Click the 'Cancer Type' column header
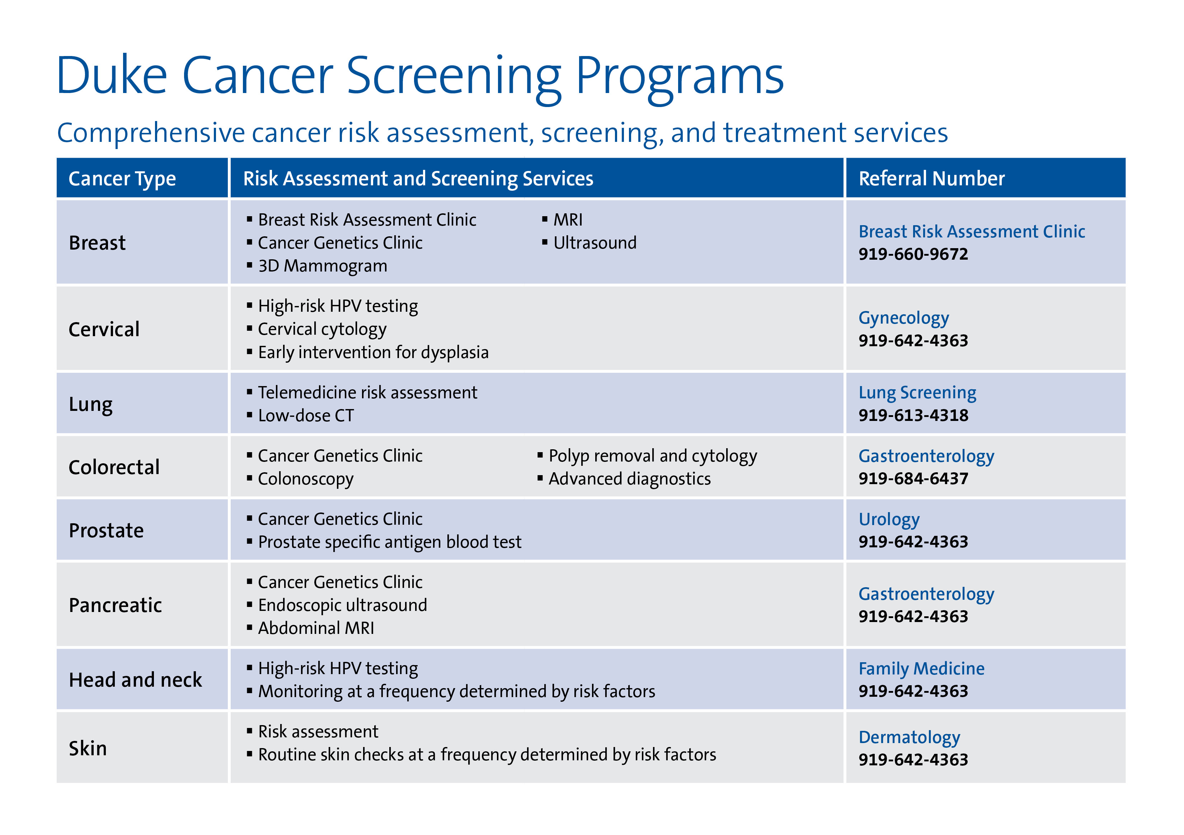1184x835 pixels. pos(122,178)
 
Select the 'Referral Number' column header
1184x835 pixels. pos(931,178)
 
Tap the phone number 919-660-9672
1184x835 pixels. pos(913,254)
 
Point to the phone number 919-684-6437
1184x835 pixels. pos(913,478)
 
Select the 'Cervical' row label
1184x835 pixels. pos(104,329)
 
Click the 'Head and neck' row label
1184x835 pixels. pos(135,679)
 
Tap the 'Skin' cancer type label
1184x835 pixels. pos(88,748)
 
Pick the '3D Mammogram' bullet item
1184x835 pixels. pos(322,266)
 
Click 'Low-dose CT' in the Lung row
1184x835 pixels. pos(306,416)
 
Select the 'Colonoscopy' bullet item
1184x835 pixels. pos(305,479)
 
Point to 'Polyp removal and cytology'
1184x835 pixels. pos(652,456)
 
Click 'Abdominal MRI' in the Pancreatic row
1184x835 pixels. pos(316,628)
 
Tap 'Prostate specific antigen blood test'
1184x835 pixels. pos(389,542)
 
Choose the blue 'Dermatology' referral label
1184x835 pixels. pos(909,737)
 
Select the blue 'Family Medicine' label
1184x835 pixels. pos(921,668)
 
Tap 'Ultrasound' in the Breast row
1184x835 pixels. pos(595,242)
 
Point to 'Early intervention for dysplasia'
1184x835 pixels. pos(373,352)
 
